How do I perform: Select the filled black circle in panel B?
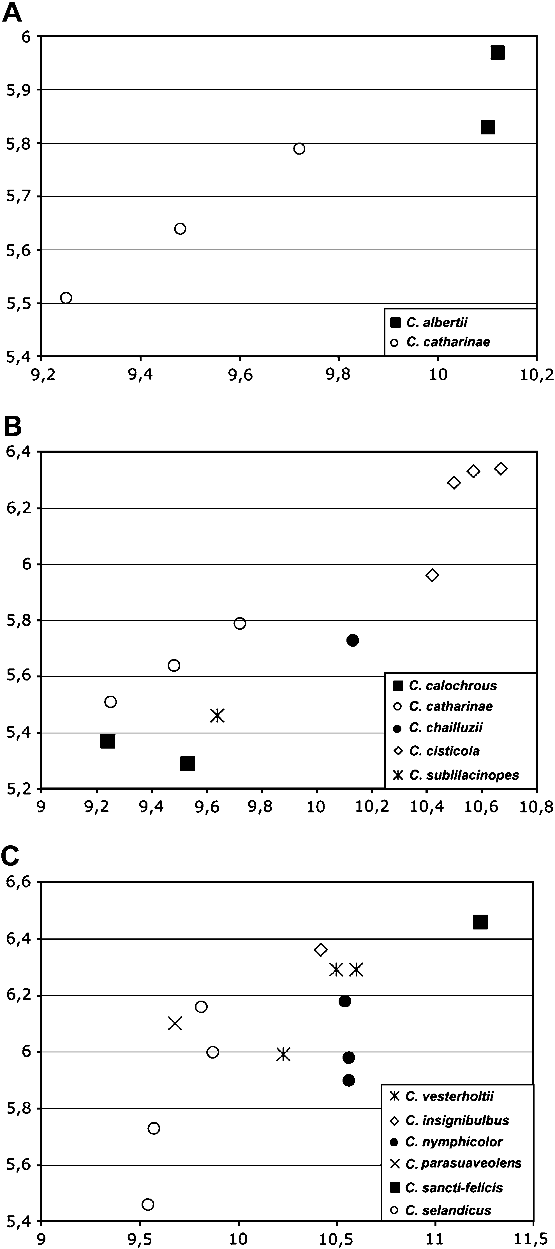click(x=353, y=640)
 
